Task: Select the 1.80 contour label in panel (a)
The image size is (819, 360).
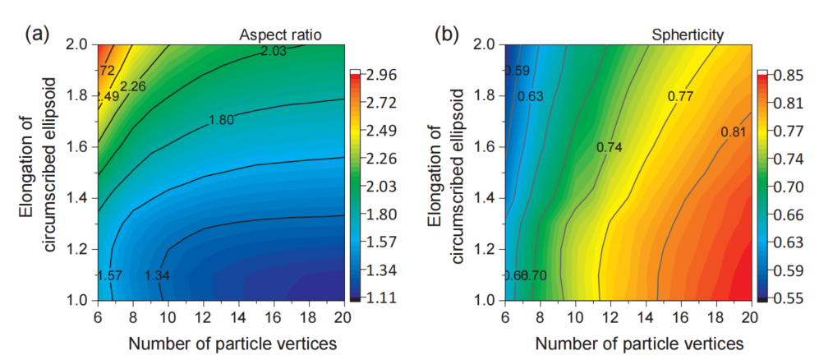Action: (x=221, y=120)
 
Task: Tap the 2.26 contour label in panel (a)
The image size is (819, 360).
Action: (x=134, y=85)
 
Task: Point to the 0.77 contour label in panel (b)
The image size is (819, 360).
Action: (x=680, y=96)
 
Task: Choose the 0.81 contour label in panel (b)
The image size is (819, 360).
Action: (x=734, y=132)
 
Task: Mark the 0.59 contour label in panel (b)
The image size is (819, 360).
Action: (x=517, y=72)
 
